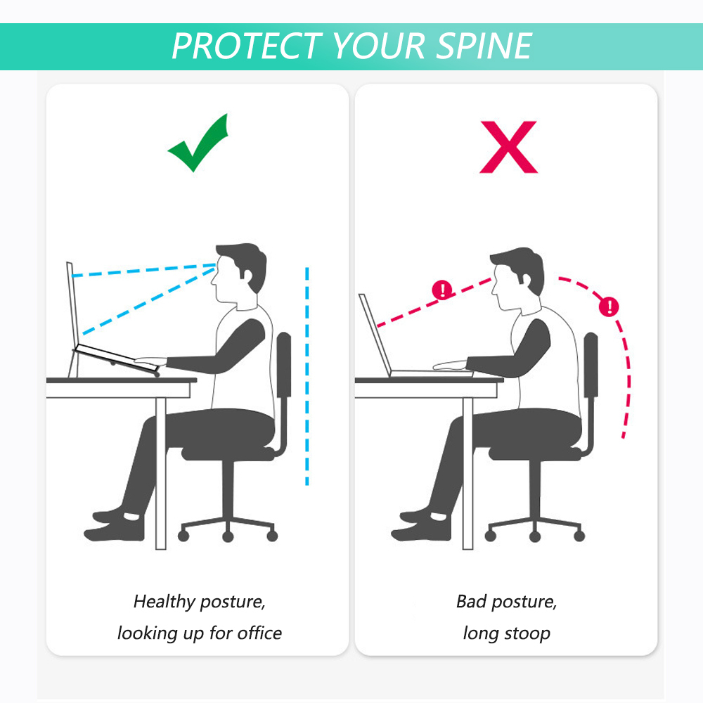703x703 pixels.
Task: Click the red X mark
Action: click(x=508, y=147)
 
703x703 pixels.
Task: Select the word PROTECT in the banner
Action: click(x=247, y=46)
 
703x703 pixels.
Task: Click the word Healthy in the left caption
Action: click(x=163, y=601)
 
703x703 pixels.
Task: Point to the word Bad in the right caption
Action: click(x=471, y=601)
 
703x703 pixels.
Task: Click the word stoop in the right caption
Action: click(x=527, y=634)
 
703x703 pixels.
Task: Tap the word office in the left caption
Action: click(x=259, y=633)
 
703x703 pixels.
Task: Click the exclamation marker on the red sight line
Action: click(x=442, y=290)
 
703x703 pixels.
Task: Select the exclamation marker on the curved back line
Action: click(x=609, y=307)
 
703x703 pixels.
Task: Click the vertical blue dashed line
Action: click(x=307, y=376)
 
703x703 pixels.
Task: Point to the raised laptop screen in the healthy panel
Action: click(x=72, y=305)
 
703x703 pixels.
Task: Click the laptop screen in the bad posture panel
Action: click(x=375, y=334)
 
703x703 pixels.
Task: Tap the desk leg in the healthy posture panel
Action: click(x=161, y=473)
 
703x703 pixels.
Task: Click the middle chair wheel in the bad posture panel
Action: click(x=534, y=536)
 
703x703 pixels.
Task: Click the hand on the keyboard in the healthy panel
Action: click(x=150, y=360)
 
